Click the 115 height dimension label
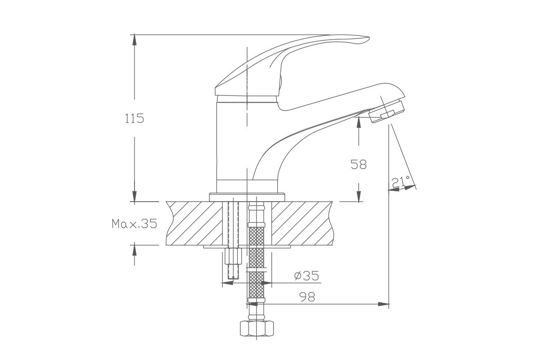click(x=134, y=118)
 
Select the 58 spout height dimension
click(x=359, y=164)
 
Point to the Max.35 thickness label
click(x=134, y=224)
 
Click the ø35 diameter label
click(x=306, y=275)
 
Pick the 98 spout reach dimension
click(x=307, y=297)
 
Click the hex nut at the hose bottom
click(x=257, y=328)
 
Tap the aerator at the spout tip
click(x=387, y=112)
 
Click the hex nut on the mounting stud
click(x=233, y=256)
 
